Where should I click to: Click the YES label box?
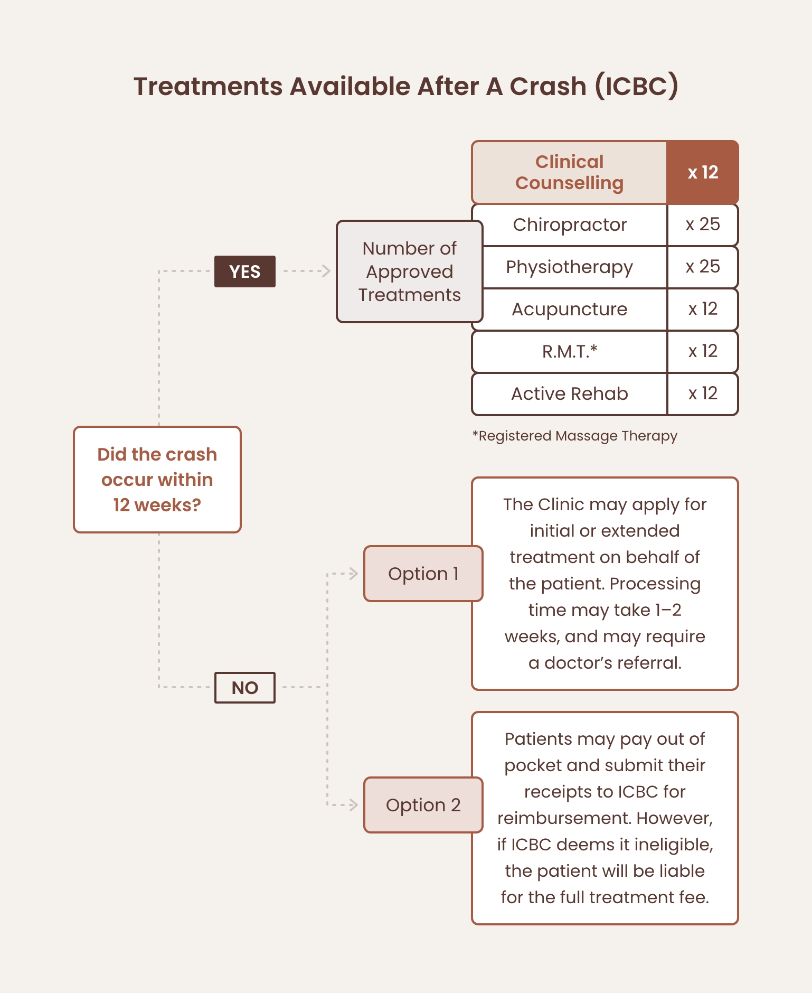coord(244,271)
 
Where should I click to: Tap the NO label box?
coord(244,688)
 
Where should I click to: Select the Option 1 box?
coord(423,574)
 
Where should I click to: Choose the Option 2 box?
coord(423,805)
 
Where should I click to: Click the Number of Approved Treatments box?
coord(409,271)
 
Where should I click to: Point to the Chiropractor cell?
coord(570,225)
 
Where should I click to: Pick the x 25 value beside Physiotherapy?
coord(703,267)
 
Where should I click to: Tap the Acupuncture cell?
coord(570,310)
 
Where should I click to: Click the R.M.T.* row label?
coord(570,352)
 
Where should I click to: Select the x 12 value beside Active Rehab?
coord(703,394)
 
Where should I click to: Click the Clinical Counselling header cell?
coord(569,172)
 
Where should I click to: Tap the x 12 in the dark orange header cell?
coord(703,172)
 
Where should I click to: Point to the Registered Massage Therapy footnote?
coord(574,436)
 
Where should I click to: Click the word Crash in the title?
coord(547,87)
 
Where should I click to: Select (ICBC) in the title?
coord(636,87)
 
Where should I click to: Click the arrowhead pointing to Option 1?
coord(353,574)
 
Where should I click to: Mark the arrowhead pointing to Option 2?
coord(353,805)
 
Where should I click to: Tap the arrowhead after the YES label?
coord(326,271)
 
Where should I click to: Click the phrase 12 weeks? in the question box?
coord(157,505)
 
